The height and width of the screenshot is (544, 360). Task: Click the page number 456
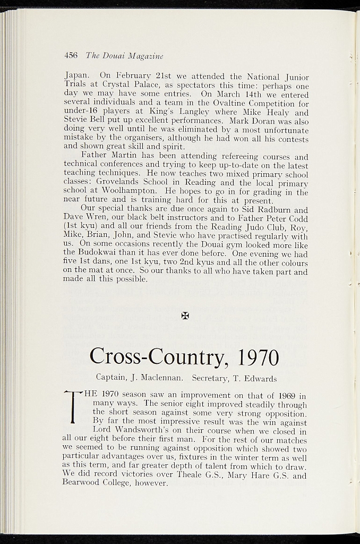click(x=71, y=55)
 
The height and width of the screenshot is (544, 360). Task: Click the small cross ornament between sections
click(x=185, y=316)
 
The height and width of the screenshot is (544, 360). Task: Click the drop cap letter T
click(x=72, y=407)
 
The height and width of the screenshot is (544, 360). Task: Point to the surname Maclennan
click(x=162, y=379)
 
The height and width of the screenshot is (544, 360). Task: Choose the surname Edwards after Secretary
click(x=258, y=379)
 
